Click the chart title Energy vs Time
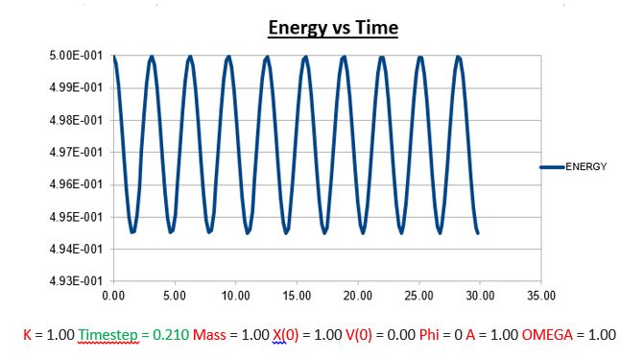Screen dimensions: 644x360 point(333,28)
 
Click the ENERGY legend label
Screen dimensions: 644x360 point(586,166)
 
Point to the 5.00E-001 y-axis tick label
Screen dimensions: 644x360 point(76,56)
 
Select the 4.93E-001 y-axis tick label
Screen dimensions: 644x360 point(76,281)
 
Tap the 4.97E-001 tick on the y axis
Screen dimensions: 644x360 point(76,153)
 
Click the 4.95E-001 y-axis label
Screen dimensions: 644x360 point(76,217)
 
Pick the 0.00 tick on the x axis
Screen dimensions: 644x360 point(113,296)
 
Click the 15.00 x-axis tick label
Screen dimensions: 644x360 point(297,296)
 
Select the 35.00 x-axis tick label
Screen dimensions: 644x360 point(541,296)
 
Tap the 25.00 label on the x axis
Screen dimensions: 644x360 point(418,296)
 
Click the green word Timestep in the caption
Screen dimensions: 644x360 point(108,335)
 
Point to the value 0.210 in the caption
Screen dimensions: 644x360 point(171,335)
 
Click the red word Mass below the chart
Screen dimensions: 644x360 point(209,335)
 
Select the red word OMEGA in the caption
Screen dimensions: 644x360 point(547,335)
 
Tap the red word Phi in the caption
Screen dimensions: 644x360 point(429,335)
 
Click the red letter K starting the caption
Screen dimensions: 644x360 point(28,335)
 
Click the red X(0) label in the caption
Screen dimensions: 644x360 point(285,335)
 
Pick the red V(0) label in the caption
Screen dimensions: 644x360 point(359,335)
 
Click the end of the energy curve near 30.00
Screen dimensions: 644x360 point(478,233)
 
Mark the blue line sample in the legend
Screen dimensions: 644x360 point(552,167)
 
